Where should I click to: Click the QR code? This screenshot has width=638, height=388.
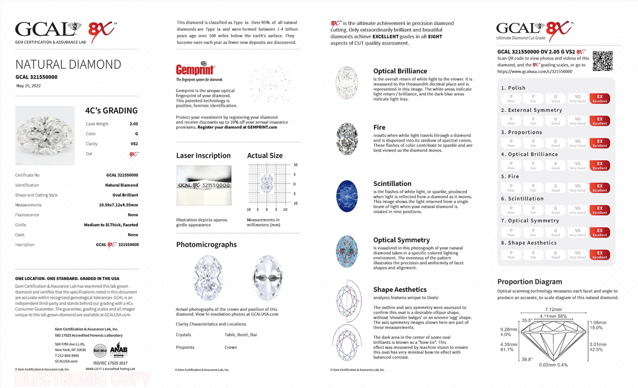(603, 61)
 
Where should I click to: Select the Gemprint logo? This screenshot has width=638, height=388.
(195, 69)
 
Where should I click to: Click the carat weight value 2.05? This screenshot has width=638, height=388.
(134, 124)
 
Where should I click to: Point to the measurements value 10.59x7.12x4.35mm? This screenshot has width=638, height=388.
(118, 205)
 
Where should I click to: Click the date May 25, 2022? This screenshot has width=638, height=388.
(28, 86)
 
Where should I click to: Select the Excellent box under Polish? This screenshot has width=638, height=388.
(599, 99)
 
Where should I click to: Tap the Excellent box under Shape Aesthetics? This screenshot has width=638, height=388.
(599, 255)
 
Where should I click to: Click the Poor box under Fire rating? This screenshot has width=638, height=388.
(511, 188)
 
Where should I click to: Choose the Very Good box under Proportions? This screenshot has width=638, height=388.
(577, 143)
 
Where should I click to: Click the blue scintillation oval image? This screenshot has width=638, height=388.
(347, 196)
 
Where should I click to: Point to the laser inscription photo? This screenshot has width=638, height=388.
(204, 185)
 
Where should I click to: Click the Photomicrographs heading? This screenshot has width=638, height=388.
(206, 245)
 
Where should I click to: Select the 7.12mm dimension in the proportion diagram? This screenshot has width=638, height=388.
(553, 309)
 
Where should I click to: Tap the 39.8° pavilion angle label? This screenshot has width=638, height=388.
(527, 359)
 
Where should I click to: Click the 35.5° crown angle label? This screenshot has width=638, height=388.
(527, 320)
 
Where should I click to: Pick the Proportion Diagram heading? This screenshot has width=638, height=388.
(529, 281)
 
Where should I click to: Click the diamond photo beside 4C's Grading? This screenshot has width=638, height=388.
(45, 135)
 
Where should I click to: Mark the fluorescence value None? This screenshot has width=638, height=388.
(133, 215)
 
